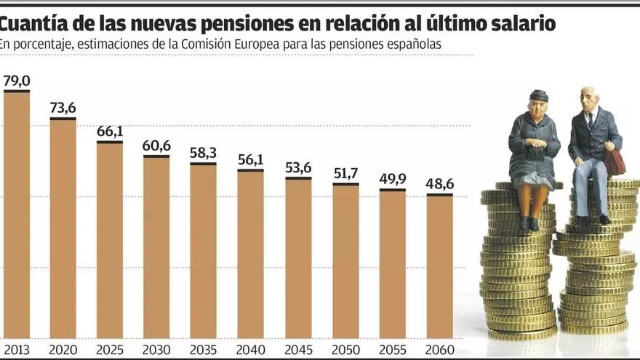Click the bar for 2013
coord(17,215)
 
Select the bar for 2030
coord(156,247)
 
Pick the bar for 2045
coord(298,258)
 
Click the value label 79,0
coord(17,80)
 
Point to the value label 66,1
coord(110,131)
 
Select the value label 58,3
coord(203,153)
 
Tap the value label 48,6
coord(440,184)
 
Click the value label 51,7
coord(345,173)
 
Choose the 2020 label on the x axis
coord(63,350)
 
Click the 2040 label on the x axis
coord(251,350)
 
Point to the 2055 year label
coord(393,350)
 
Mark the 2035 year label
coord(204,350)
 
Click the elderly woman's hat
coord(539,95)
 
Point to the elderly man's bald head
coord(589,93)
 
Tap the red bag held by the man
coord(614,162)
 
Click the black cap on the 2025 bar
coord(110,142)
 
